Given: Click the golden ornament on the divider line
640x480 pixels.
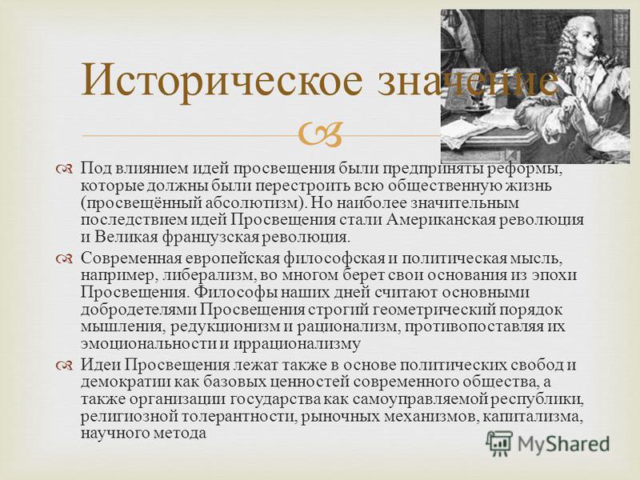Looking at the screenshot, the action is [320, 134].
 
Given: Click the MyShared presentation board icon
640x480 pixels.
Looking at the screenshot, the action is [499, 443].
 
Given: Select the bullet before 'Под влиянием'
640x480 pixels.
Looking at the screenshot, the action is [65, 168].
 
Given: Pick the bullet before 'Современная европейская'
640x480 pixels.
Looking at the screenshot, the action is [65, 258].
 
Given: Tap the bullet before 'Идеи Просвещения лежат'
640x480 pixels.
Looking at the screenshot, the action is [65, 365].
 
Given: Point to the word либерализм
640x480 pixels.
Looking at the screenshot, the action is [210, 275].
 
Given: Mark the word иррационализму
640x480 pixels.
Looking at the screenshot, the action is [296, 344].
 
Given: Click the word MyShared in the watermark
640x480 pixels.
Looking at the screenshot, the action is [563, 443].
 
